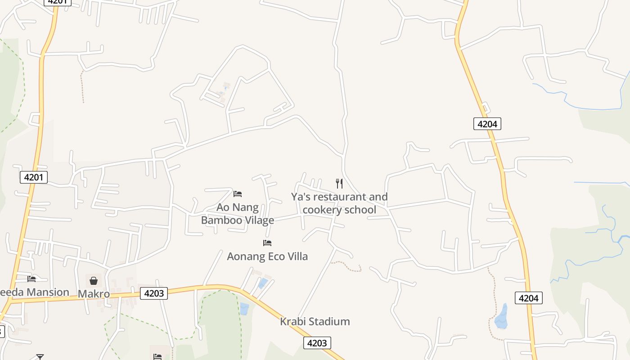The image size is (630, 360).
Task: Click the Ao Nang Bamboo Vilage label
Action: (x=238, y=214)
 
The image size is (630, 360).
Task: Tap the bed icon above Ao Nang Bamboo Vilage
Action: (x=238, y=194)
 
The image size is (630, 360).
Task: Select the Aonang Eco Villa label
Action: (x=267, y=256)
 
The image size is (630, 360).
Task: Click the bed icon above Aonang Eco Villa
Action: (x=267, y=243)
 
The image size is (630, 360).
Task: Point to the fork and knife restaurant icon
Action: (x=339, y=184)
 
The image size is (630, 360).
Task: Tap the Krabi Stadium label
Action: (x=315, y=322)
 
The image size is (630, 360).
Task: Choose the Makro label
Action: (x=94, y=294)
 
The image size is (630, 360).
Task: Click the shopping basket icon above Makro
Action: (x=94, y=281)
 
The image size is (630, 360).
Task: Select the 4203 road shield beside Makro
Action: (x=153, y=293)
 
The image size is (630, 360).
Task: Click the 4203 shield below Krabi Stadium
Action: (x=317, y=343)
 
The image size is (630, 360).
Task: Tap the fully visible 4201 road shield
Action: (x=34, y=177)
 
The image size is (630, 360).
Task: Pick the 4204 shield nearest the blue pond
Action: (x=529, y=297)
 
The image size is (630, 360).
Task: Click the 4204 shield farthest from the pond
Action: (x=487, y=124)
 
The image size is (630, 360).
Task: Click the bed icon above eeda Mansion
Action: (x=31, y=279)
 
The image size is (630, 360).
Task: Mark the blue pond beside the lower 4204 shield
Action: (x=501, y=317)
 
